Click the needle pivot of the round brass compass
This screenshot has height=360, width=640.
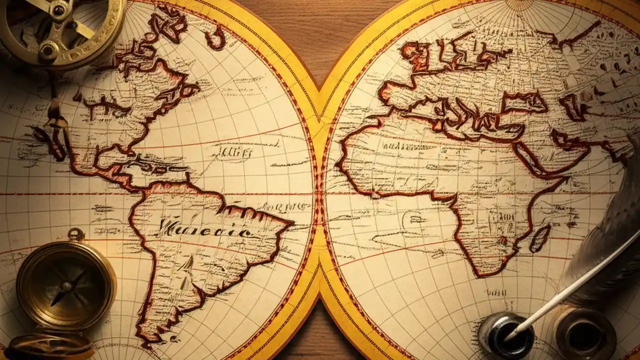[x=65, y=286]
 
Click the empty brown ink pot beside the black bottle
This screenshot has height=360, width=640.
[x=583, y=333]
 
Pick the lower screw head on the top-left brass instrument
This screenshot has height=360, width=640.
[x=48, y=50]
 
